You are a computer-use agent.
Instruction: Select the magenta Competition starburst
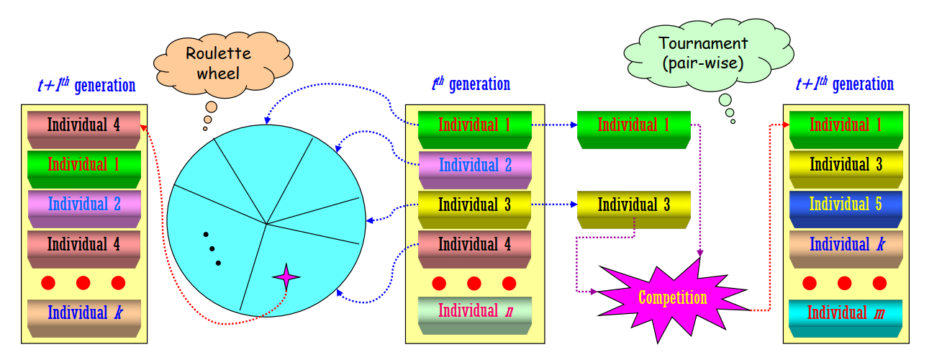(x=672, y=297)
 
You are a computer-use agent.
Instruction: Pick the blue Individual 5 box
(x=845, y=204)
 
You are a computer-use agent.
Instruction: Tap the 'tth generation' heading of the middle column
(x=471, y=84)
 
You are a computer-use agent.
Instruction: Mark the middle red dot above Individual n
(x=474, y=282)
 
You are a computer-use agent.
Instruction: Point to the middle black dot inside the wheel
(x=212, y=249)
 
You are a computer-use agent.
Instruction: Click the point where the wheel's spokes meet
(x=267, y=224)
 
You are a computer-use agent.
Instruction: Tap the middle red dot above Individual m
(x=844, y=282)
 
